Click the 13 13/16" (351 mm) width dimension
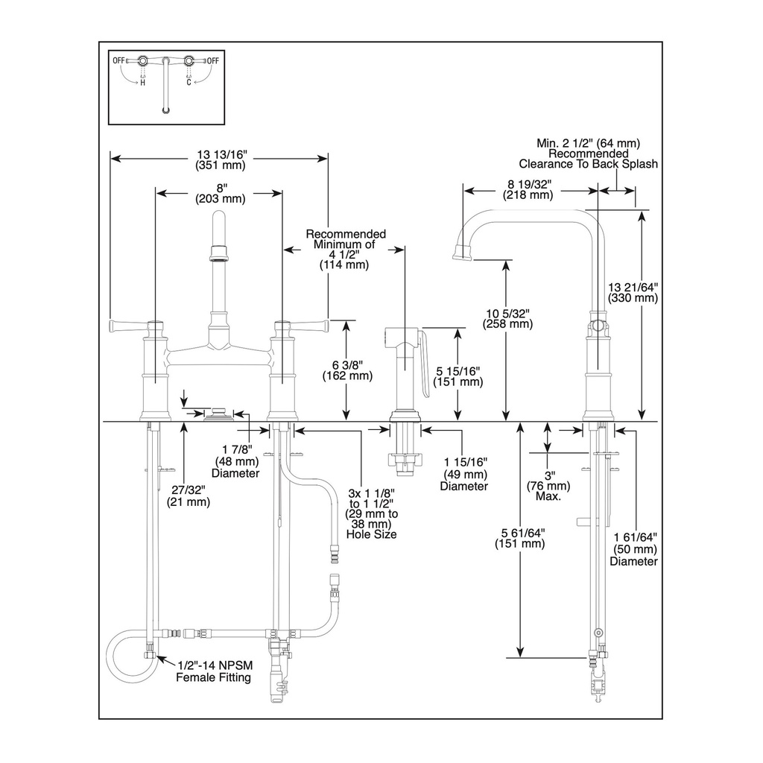pyautogui.click(x=221, y=159)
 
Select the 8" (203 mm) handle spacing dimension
pyautogui.click(x=221, y=193)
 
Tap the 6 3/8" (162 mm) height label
pyautogui.click(x=347, y=370)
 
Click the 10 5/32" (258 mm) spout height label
pyautogui.click(x=507, y=318)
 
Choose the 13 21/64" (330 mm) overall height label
pyautogui.click(x=633, y=292)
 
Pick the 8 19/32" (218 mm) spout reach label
pyautogui.click(x=528, y=190)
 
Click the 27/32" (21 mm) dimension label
pyautogui.click(x=189, y=496)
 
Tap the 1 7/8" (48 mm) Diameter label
pyautogui.click(x=236, y=461)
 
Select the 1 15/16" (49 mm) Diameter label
pyautogui.click(x=465, y=474)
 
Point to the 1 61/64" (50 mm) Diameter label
pyautogui.click(x=634, y=549)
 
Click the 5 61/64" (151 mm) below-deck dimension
pyautogui.click(x=519, y=538)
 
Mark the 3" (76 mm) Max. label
pyautogui.click(x=548, y=486)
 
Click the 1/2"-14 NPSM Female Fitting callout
pyautogui.click(x=214, y=671)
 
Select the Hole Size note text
pyautogui.click(x=371, y=534)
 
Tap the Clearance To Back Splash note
pyautogui.click(x=589, y=164)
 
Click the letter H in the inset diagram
pyautogui.click(x=142, y=83)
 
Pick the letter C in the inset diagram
pyautogui.click(x=189, y=83)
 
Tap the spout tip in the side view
pyautogui.click(x=462, y=253)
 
